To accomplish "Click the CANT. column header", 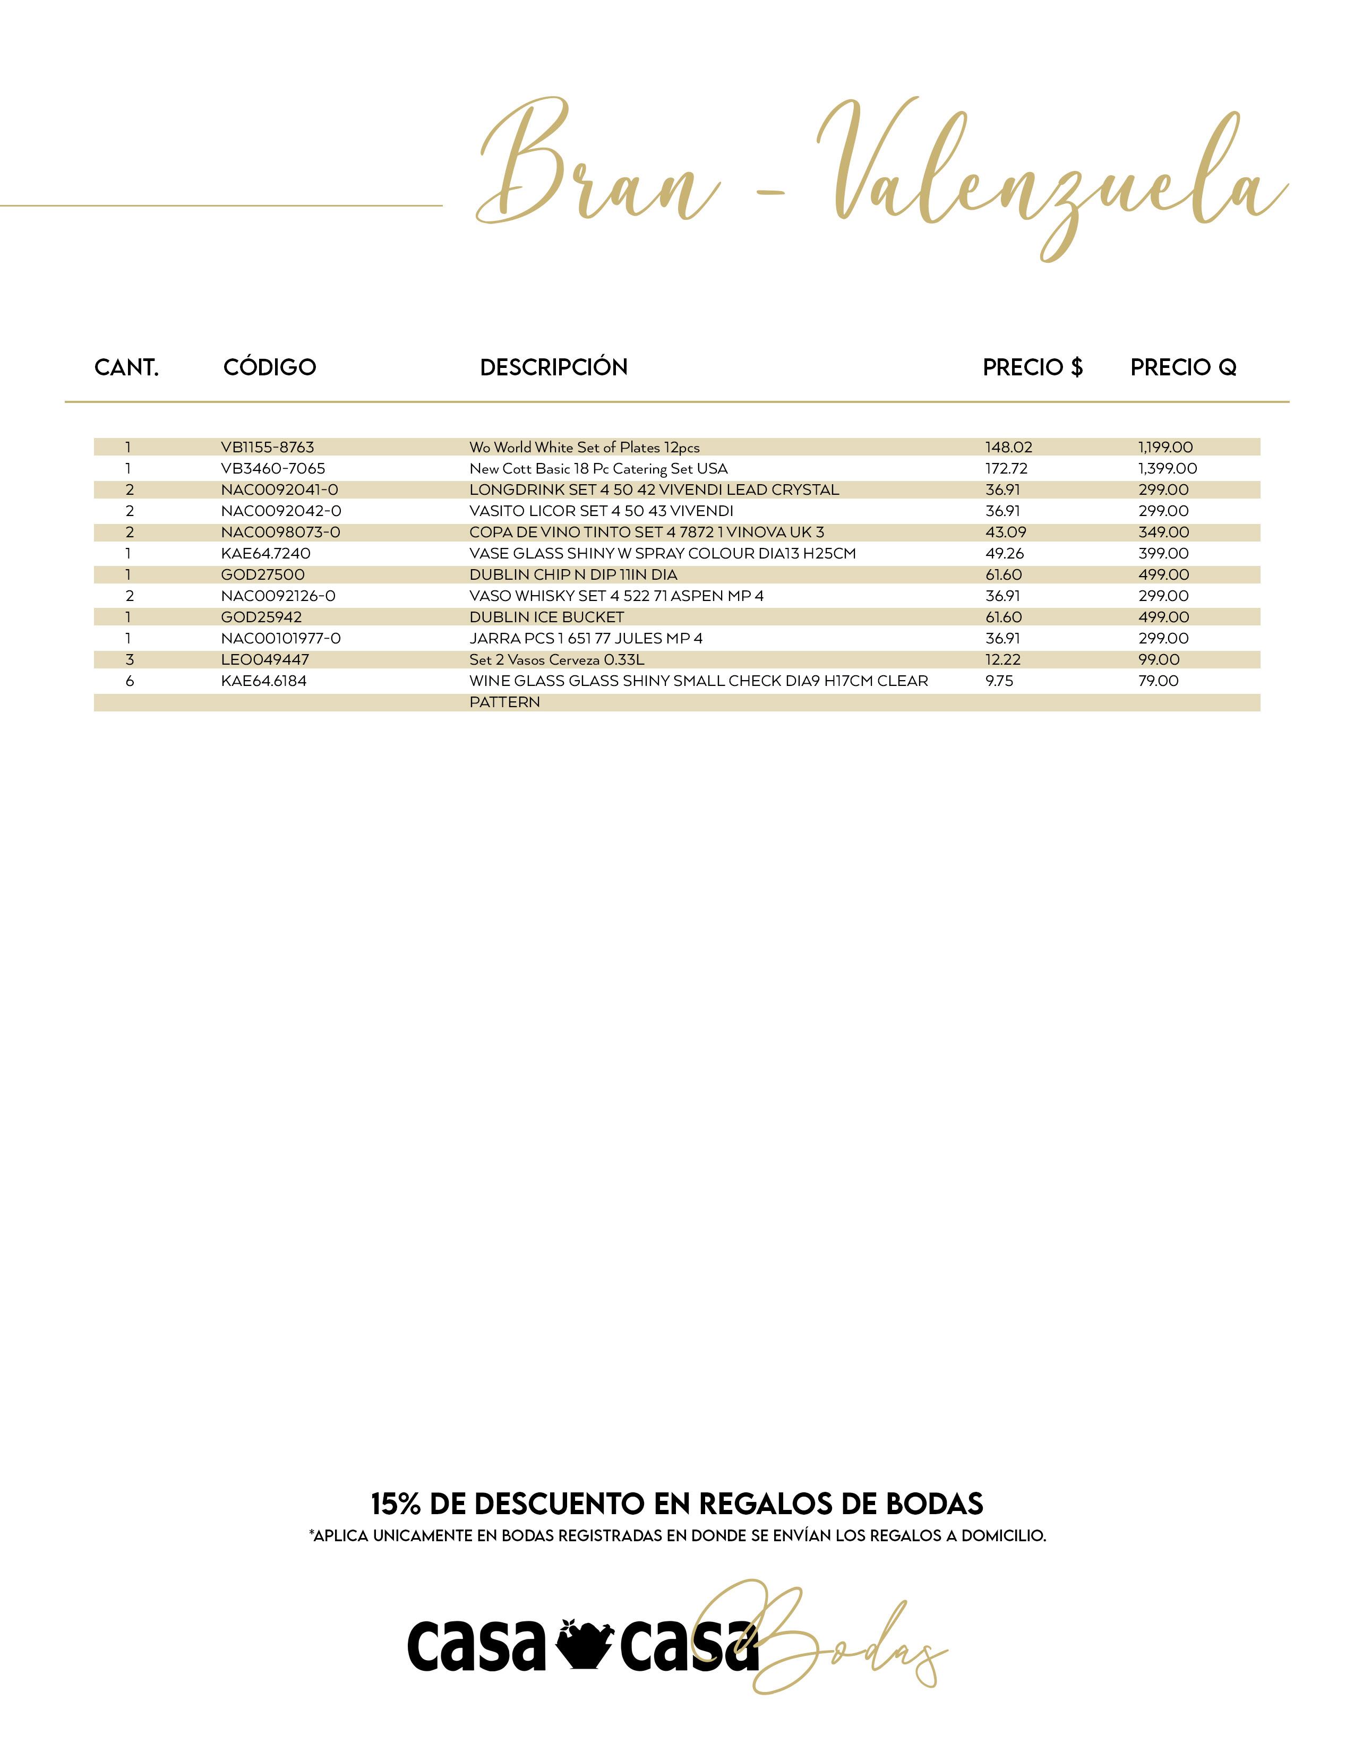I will [127, 367].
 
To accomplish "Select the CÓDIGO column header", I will [270, 367].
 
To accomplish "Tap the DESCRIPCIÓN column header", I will [553, 367].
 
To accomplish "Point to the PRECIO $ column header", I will [1032, 367].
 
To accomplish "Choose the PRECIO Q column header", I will [1183, 367].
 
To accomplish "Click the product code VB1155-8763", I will [267, 448].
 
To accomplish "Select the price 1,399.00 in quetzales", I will [1167, 468].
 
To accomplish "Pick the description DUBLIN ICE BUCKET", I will [546, 617].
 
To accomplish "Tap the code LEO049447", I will [265, 659].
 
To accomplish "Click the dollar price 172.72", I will [1006, 468].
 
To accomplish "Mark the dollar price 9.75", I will [999, 681].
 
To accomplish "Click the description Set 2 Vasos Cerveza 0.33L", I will [556, 659].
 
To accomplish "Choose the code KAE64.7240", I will [265, 554].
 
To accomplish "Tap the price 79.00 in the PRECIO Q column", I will [1158, 681].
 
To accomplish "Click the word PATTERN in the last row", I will [504, 702].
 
